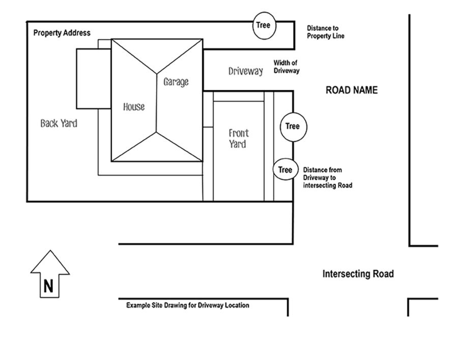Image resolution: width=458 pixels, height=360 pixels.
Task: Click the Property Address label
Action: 62,33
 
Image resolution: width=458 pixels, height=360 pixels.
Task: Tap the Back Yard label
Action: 59,123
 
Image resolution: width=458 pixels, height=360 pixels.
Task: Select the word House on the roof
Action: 134,107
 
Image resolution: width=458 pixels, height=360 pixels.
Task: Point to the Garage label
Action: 176,81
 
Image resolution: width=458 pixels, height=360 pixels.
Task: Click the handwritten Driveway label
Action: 246,71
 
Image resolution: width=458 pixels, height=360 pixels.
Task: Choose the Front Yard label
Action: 238,138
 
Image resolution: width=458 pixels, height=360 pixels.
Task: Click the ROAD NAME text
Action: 352,90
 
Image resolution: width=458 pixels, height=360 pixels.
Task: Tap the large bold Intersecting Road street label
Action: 358,274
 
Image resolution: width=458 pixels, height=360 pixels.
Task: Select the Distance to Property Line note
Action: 326,32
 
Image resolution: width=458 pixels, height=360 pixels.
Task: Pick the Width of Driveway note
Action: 287,67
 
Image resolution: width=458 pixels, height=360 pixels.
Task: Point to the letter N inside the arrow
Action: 48,287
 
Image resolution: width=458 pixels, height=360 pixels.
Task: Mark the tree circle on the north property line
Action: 264,25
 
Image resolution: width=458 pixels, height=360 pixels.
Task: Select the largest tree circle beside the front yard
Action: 293,126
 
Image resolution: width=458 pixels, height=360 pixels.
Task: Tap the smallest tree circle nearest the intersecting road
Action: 285,170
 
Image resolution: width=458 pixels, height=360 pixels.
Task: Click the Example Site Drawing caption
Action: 188,305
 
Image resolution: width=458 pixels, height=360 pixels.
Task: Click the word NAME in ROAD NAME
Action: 364,90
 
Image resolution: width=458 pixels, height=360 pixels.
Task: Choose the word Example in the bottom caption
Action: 139,305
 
